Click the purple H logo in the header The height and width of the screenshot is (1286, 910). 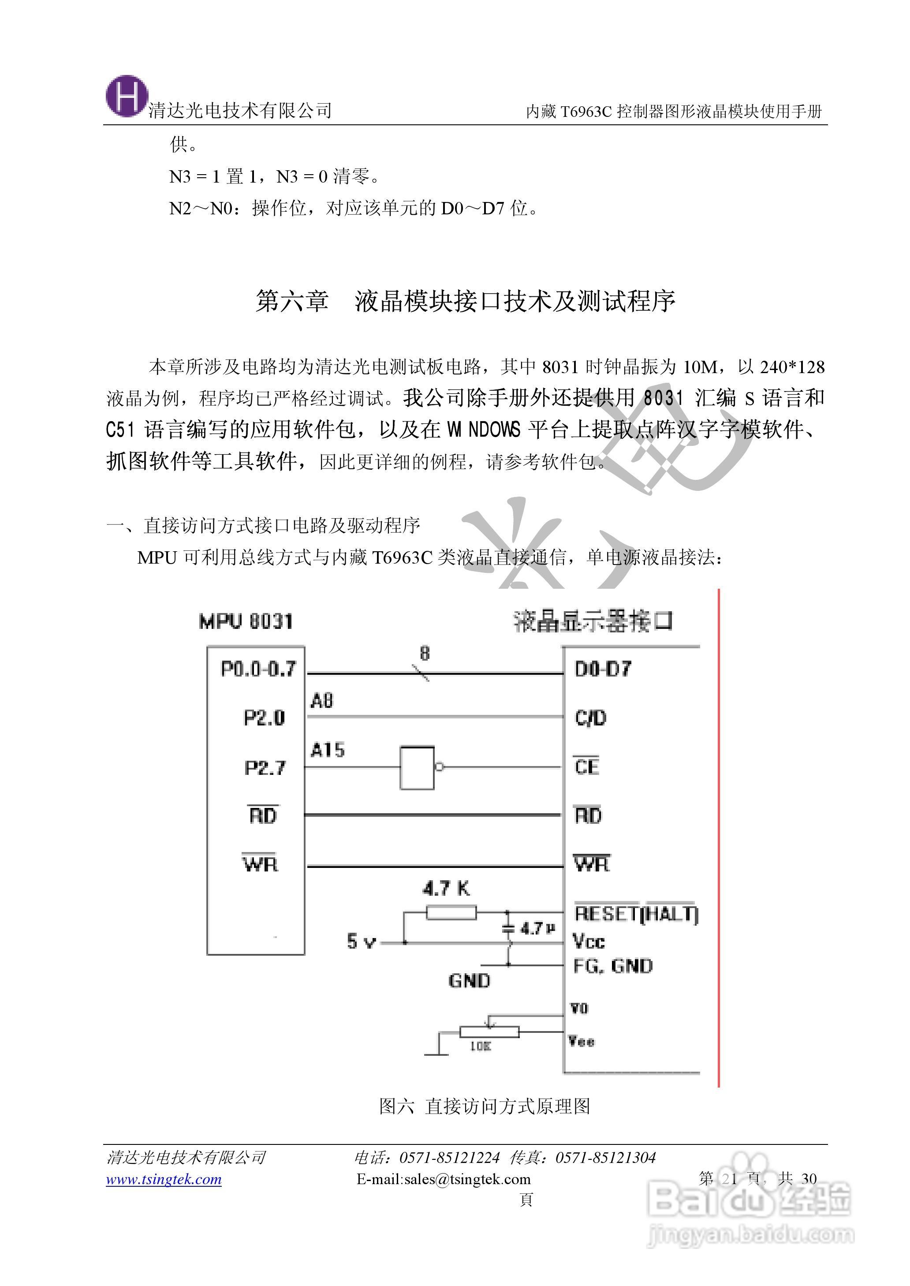127,97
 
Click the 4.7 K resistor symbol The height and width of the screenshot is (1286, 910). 451,913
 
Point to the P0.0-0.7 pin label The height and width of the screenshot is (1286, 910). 258,669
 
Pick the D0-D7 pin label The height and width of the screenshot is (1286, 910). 603,669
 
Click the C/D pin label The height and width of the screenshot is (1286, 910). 591,718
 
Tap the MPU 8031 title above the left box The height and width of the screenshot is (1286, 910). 246,621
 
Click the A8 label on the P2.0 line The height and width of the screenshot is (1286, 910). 322,700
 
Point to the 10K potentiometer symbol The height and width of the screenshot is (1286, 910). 489,1032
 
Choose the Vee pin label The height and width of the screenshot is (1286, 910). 582,1041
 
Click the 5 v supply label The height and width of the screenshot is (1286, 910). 361,942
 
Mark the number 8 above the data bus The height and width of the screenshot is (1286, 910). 425,654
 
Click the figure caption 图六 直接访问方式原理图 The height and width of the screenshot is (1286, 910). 485,1106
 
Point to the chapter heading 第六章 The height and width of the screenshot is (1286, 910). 292,301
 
